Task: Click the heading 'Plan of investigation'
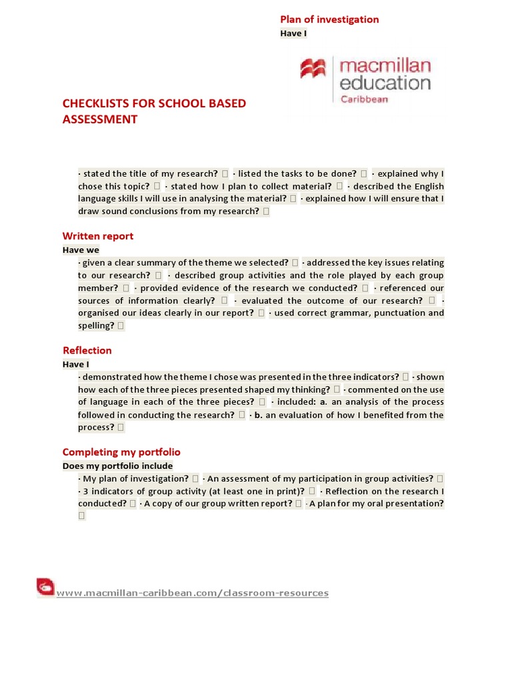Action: tap(329, 19)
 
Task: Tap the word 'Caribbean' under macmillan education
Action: tap(364, 99)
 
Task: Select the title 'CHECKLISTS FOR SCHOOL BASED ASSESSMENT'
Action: tap(154, 111)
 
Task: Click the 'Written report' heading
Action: tap(98, 235)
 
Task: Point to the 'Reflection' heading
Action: tap(87, 350)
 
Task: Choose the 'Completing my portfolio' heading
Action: tap(121, 452)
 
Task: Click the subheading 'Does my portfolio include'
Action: tap(117, 466)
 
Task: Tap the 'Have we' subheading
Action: tap(81, 249)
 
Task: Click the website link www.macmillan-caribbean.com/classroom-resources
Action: tap(193, 593)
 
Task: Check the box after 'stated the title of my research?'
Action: tap(226, 173)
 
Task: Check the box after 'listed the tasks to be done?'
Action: tap(364, 173)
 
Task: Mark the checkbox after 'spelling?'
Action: tap(121, 326)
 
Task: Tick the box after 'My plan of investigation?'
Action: tap(195, 478)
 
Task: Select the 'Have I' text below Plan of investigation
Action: tap(293, 33)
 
